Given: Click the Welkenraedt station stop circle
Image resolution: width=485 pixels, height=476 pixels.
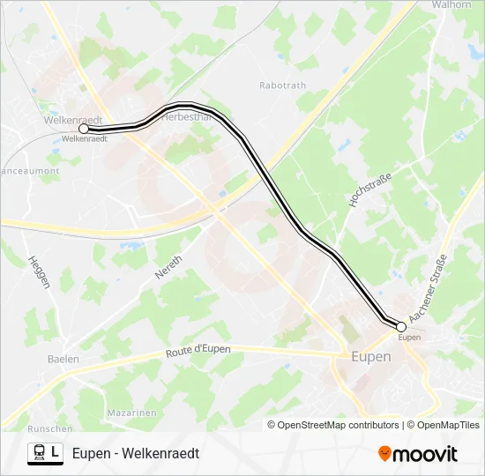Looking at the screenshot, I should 84,129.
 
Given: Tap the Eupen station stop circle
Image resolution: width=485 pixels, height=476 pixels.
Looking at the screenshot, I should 401,326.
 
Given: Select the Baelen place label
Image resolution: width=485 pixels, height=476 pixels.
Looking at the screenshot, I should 63,359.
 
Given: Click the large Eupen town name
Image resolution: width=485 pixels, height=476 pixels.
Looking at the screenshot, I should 371,357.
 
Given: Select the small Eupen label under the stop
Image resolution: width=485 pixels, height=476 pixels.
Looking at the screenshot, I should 409,337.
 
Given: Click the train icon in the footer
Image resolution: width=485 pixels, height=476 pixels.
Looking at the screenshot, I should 39,453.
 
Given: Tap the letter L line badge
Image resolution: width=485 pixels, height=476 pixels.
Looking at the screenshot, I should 56,453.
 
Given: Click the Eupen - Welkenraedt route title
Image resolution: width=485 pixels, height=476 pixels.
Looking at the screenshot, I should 136,453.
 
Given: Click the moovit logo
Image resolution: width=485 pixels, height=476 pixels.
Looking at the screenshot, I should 418,454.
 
